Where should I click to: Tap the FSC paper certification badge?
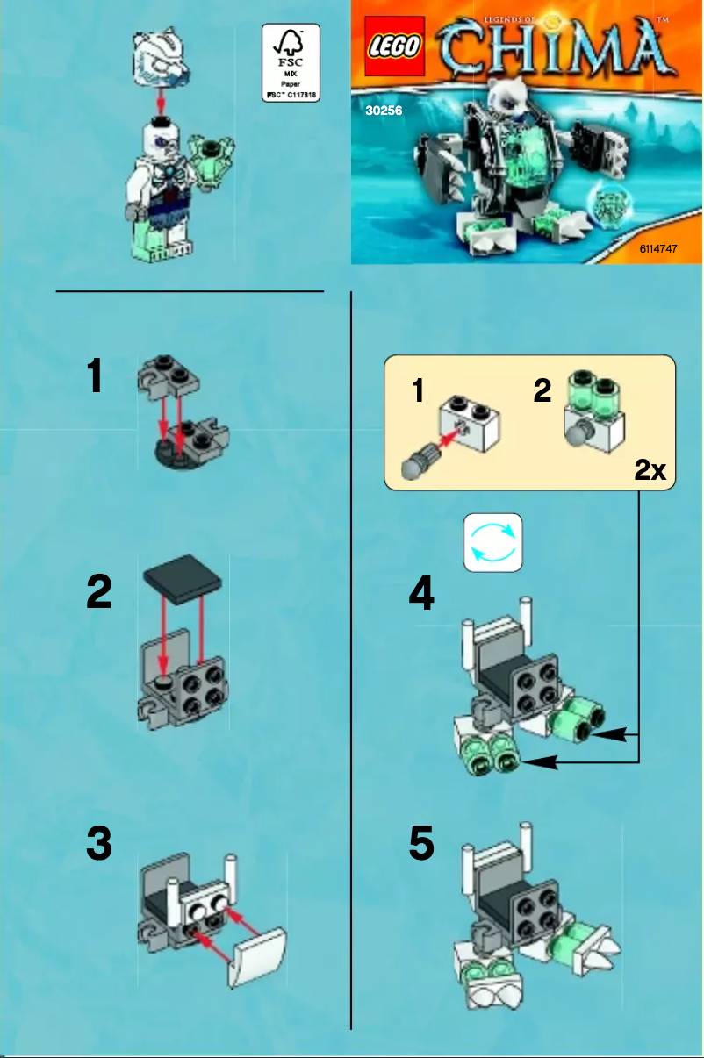pos(291,63)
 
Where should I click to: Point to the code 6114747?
pos(664,249)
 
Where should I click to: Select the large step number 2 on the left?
pos(98,594)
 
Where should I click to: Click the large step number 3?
pos(98,845)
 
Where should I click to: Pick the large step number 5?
pos(421,845)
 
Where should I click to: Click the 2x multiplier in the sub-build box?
pos(650,471)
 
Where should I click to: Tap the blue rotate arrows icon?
pos(492,541)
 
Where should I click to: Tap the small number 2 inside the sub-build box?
pos(542,390)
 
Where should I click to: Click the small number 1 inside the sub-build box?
pos(420,392)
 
